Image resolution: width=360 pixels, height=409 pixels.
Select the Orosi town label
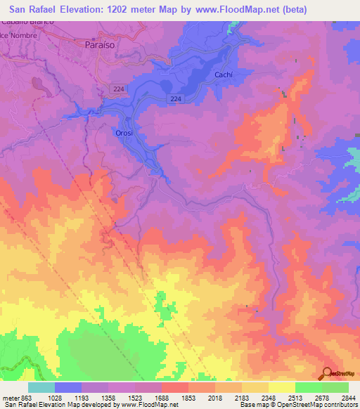(124, 132)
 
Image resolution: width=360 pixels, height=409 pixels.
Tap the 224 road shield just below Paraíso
(117, 87)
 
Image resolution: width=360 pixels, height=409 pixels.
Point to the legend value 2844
(348, 398)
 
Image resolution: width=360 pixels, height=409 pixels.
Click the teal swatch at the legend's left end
(41, 387)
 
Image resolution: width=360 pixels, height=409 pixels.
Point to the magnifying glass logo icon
(327, 373)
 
